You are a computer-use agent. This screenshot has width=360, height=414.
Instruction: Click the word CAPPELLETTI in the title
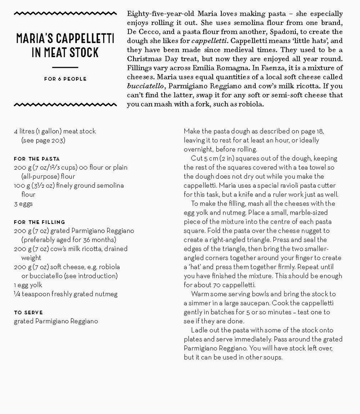(x=87, y=39)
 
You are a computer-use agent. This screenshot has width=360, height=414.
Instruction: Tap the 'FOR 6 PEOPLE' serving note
(x=65, y=79)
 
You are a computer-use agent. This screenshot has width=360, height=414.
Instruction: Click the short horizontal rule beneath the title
(x=65, y=67)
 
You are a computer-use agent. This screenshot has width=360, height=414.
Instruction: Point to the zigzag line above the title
(x=65, y=14)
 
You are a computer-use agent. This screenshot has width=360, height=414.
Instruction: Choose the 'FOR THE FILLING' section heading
(x=39, y=222)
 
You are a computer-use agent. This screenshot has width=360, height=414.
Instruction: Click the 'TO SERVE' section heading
(x=28, y=312)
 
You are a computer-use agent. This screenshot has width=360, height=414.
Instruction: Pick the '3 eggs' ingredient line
(x=23, y=204)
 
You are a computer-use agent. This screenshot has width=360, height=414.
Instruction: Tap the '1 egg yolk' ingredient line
(x=28, y=285)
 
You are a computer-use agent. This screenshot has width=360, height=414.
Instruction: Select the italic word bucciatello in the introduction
(x=144, y=86)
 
